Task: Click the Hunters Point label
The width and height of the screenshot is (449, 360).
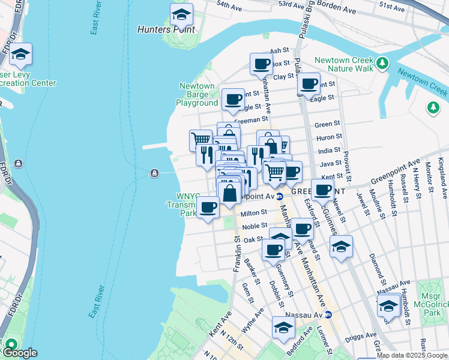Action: coord(166,29)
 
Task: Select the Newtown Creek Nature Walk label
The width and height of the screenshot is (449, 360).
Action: coord(344,64)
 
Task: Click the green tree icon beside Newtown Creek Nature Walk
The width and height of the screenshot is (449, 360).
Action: coord(382,62)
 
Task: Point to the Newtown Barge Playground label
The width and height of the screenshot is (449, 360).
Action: coord(197,95)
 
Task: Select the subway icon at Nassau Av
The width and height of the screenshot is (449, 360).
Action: coord(328,314)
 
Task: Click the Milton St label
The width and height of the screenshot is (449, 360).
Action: coord(254,213)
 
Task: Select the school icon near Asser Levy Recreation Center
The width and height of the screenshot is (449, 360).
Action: coord(21,55)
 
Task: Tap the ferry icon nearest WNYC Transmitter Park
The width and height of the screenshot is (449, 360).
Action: coord(155,174)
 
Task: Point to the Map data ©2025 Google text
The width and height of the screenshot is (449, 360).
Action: coord(412,355)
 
